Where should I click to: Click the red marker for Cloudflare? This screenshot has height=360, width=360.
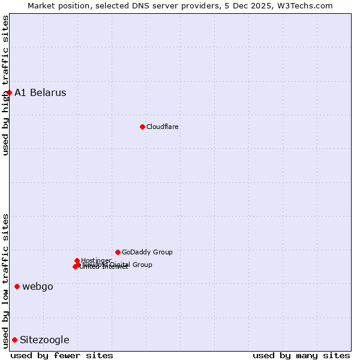tap(142, 127)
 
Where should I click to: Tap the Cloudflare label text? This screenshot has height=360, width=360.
tap(163, 127)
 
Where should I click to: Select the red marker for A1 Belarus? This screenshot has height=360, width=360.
tap(10, 92)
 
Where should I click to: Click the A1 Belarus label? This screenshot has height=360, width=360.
tap(40, 93)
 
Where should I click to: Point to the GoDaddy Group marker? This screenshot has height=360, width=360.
tap(118, 252)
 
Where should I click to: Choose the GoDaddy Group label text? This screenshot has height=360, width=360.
tap(147, 253)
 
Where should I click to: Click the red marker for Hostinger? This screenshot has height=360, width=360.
tap(77, 260)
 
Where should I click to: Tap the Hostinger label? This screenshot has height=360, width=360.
tap(96, 260)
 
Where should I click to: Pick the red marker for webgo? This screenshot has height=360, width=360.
tap(17, 286)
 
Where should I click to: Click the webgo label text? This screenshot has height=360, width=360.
tap(38, 287)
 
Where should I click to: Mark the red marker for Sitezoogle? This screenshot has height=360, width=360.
tap(14, 340)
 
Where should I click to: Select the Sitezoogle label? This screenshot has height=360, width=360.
tap(44, 340)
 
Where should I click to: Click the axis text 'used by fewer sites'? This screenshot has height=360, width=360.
tap(62, 356)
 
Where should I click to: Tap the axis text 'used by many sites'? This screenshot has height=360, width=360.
tap(301, 356)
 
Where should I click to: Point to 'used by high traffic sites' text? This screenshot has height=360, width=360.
tap(5, 85)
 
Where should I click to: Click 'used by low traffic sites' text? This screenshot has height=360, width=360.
tap(5, 281)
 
